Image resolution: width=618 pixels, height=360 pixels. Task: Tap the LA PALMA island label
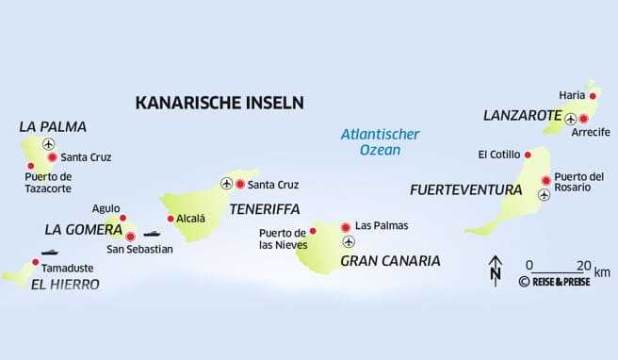pyautogui.click(x=53, y=125)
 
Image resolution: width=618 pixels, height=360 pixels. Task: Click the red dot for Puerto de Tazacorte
pyautogui.click(x=29, y=166)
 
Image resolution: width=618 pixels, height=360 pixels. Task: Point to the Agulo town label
pyautogui.click(x=106, y=208)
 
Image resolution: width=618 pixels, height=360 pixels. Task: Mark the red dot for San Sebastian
pyautogui.click(x=130, y=236)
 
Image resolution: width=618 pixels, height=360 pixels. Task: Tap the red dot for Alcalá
pyautogui.click(x=171, y=219)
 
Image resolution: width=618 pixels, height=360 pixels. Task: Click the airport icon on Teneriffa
pyautogui.click(x=226, y=183)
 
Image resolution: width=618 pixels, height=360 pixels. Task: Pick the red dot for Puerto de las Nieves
pyautogui.click(x=314, y=230)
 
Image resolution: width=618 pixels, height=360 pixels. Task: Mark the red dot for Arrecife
pyautogui.click(x=584, y=119)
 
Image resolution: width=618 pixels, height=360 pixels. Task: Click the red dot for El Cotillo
pyautogui.click(x=529, y=155)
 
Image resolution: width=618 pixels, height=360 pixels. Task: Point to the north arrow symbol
pyautogui.click(x=496, y=270)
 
